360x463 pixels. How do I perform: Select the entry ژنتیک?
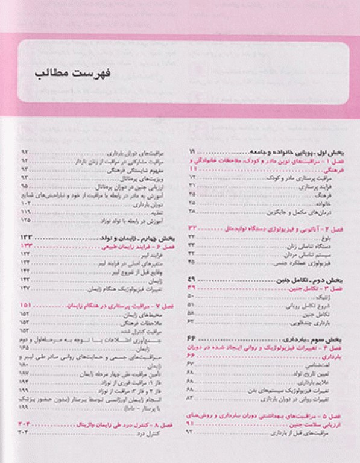[326, 297]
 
